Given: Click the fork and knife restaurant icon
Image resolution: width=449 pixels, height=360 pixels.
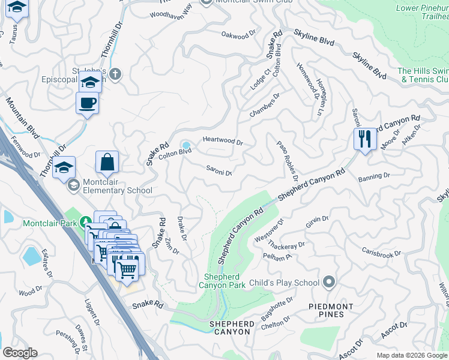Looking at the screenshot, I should (x=364, y=139).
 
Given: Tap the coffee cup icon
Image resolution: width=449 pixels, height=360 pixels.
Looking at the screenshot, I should (x=87, y=103).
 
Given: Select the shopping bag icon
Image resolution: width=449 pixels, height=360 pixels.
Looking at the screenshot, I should (x=107, y=162).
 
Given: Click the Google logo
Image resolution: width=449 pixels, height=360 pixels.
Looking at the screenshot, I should (x=20, y=353).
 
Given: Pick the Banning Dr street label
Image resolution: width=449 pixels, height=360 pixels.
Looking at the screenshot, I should (x=374, y=177).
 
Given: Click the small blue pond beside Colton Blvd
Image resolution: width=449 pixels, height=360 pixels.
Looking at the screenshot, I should (x=186, y=145).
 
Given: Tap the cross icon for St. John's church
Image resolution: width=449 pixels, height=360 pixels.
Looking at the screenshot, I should (x=116, y=74).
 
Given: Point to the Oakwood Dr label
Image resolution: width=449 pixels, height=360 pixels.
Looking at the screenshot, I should (x=234, y=36).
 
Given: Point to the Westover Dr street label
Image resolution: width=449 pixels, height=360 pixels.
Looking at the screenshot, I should (x=275, y=231).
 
